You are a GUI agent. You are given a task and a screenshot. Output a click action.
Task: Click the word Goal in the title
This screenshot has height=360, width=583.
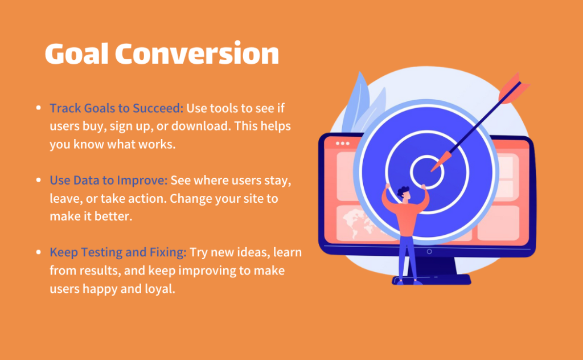[77, 54]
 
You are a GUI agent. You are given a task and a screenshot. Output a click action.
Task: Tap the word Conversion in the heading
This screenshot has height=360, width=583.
[197, 54]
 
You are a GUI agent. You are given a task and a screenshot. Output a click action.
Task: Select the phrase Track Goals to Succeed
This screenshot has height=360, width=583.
[116, 108]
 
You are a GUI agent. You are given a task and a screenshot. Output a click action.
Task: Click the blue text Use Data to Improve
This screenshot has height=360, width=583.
[109, 181]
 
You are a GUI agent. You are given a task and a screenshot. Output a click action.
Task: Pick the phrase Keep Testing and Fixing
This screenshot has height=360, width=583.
[118, 252]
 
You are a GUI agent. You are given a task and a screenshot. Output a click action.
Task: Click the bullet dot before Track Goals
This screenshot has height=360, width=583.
[38, 108]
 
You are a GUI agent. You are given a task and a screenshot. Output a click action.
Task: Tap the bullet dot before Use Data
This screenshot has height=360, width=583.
[38, 181]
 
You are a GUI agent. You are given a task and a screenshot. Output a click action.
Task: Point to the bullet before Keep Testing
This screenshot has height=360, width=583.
[38, 252]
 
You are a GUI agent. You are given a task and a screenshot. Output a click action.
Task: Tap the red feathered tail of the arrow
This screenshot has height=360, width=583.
[513, 87]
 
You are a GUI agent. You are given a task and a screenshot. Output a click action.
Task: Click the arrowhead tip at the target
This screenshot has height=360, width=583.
[432, 170]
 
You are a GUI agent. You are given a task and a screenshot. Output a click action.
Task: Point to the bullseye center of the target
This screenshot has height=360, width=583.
[427, 172]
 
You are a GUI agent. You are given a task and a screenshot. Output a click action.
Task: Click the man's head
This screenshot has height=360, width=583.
[404, 194]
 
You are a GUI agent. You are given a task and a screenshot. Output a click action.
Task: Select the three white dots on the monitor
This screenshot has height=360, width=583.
[342, 143]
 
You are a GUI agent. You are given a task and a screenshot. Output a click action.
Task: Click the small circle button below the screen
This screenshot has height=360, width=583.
[429, 251]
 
